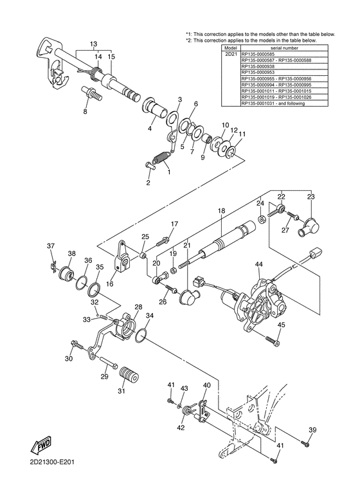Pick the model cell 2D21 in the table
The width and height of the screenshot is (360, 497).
(x=230, y=55)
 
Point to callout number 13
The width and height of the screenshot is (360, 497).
(x=94, y=44)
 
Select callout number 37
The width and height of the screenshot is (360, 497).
(x=51, y=246)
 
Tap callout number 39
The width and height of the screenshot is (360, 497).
(x=313, y=430)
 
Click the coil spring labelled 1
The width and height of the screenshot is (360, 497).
(x=161, y=155)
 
